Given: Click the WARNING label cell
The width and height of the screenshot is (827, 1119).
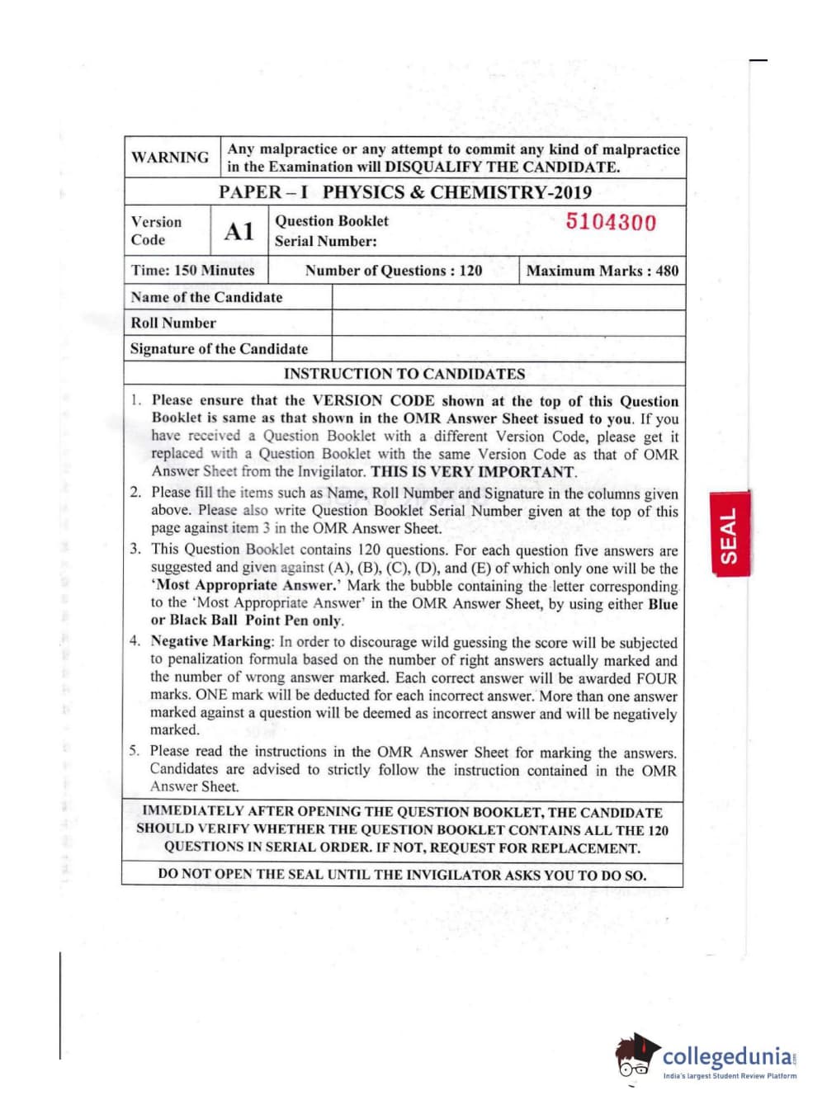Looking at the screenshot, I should coord(170,157).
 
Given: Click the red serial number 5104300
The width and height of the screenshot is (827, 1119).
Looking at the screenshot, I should coord(611,222).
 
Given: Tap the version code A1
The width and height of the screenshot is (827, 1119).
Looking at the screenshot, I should coord(239,231).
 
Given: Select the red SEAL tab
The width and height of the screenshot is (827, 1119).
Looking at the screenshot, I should coord(729,535).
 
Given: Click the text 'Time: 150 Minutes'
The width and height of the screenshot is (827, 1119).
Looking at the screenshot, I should coord(192,270).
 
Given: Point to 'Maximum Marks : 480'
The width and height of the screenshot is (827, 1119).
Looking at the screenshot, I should coord(602,270).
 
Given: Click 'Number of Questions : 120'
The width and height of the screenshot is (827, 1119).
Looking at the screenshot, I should coord(394,270).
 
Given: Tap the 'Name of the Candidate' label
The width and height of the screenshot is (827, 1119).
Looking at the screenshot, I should coord(206,297).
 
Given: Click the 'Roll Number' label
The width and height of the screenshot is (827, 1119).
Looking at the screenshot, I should coord(173,323).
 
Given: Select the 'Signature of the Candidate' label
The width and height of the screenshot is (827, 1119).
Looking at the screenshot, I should coord(219,348).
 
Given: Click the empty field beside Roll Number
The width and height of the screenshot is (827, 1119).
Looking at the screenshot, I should coord(508,323).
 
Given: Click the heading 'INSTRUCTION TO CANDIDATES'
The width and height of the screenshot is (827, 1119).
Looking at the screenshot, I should coord(404,374).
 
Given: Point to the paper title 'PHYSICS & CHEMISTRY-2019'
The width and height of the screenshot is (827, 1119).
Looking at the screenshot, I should coord(457,192).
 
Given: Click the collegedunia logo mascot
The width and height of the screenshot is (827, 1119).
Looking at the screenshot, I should coord(636,1056).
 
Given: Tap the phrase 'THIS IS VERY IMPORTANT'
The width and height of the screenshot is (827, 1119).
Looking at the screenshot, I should coord(473,472).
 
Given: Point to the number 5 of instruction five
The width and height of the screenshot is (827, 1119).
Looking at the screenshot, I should coord(134,751).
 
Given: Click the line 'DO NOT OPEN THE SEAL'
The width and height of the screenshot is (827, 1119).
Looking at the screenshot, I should coord(402,875).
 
